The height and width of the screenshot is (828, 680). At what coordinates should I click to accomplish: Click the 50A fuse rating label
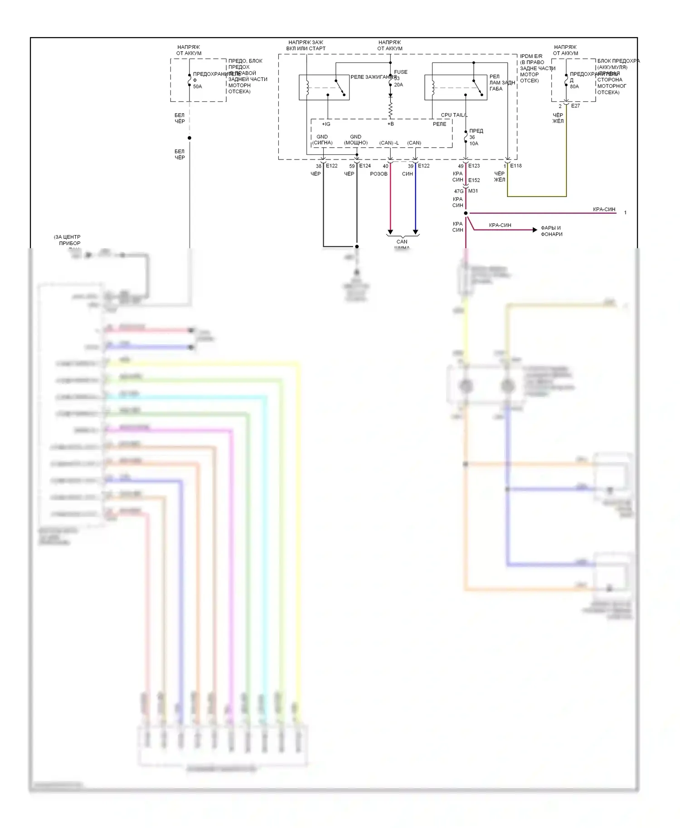tap(197, 87)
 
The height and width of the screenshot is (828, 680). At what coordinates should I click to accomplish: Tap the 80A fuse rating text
tap(574, 87)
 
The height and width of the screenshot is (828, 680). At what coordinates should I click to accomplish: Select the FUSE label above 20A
tap(401, 72)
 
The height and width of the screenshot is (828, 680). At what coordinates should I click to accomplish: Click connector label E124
tap(365, 166)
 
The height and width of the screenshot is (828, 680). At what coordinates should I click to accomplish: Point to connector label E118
tap(516, 166)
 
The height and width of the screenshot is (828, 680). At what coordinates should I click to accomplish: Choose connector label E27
tap(575, 106)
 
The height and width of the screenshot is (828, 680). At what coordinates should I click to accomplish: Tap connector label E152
tap(474, 180)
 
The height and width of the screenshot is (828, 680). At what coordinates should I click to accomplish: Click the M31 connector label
tap(473, 191)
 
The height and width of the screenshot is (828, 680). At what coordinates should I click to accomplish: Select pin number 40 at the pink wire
tap(385, 166)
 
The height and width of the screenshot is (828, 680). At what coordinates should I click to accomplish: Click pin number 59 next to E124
tap(352, 166)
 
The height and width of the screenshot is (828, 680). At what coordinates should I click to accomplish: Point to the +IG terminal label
tap(326, 124)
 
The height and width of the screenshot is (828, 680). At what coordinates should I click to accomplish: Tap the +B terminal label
tap(390, 124)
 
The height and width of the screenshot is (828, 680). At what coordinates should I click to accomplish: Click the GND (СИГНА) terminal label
tap(322, 140)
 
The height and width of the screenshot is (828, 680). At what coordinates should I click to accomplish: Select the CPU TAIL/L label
tap(454, 115)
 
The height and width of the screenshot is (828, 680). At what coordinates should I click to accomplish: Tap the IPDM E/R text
tap(531, 56)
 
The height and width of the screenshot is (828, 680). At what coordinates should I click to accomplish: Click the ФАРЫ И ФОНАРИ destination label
tap(551, 231)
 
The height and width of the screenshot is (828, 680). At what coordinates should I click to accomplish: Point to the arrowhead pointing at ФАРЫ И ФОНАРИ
tap(535, 230)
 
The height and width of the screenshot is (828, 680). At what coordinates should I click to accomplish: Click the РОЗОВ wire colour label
tap(379, 174)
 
